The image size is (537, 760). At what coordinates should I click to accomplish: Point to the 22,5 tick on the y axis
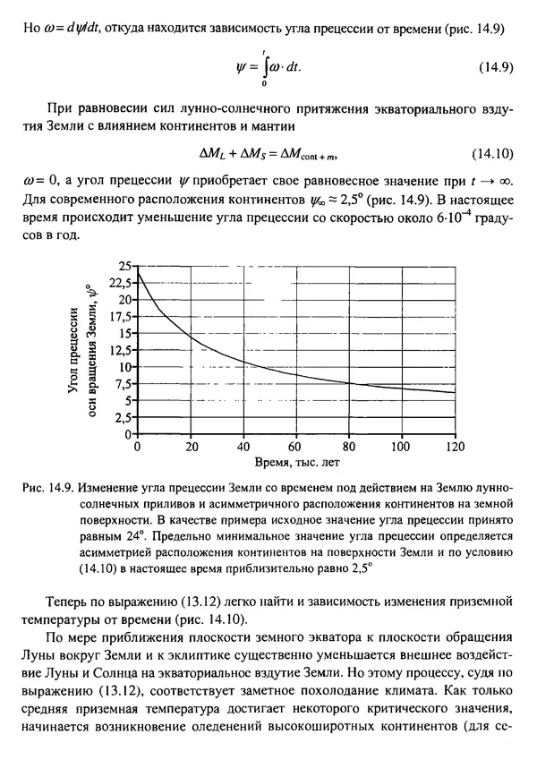(118, 282)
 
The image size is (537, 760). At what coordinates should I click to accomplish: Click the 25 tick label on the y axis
(123, 266)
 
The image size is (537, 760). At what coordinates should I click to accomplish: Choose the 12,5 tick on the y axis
(118, 349)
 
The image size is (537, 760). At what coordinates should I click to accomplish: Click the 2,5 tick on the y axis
(122, 416)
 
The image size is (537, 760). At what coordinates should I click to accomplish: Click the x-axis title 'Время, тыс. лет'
(296, 462)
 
